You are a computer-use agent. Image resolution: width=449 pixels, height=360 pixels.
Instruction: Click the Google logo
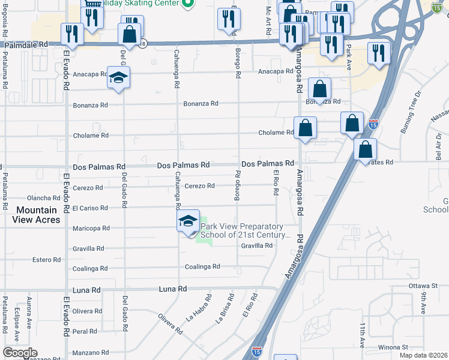[20, 353]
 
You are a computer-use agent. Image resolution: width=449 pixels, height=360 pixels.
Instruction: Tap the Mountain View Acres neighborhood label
[37, 215]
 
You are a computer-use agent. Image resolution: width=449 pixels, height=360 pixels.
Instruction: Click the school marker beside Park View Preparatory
[188, 221]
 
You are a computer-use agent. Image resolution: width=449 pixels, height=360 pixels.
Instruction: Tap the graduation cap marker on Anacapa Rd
[119, 78]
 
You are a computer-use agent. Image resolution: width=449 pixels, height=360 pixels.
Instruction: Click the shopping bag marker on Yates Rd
[365, 150]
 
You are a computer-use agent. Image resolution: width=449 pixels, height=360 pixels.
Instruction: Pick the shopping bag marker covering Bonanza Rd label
[320, 89]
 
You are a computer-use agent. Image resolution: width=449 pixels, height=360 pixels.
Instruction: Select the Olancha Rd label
[43, 198]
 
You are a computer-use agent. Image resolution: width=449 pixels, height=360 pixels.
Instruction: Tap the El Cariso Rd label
[90, 208]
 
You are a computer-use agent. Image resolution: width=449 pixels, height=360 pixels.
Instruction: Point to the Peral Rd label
[85, 331]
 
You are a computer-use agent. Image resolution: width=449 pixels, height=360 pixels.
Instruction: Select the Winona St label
[393, 347]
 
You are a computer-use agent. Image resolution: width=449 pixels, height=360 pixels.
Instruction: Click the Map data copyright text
[423, 355]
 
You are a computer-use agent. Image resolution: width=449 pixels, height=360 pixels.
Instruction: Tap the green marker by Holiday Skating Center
[187, 4]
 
